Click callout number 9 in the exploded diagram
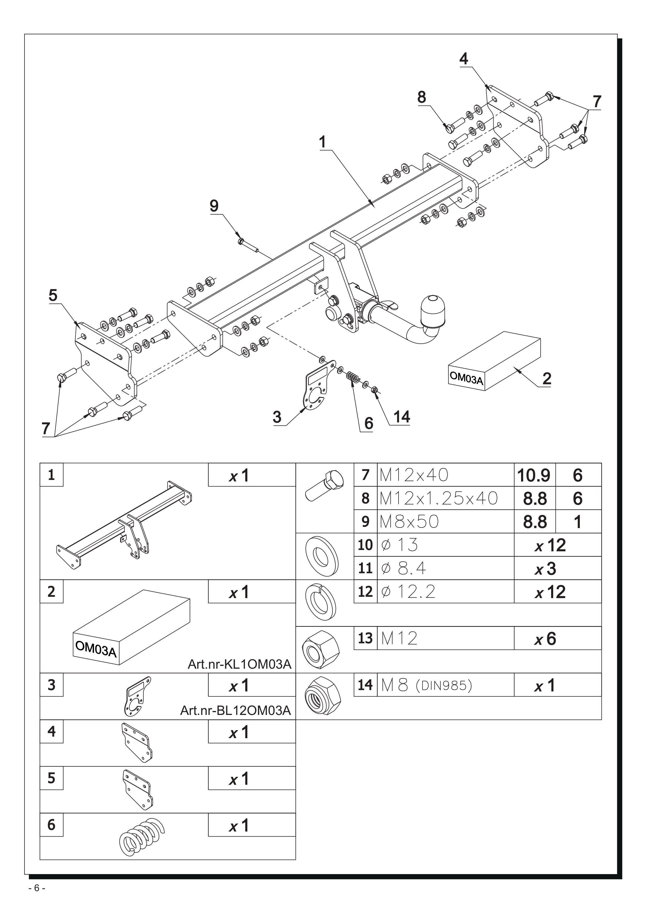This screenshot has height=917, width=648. [214, 206]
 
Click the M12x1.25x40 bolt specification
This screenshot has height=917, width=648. [439, 498]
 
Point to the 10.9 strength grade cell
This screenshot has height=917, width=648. [534, 475]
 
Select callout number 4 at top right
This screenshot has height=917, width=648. [463, 59]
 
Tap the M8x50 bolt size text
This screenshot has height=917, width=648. [409, 521]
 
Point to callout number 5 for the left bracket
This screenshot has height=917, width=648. [53, 296]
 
